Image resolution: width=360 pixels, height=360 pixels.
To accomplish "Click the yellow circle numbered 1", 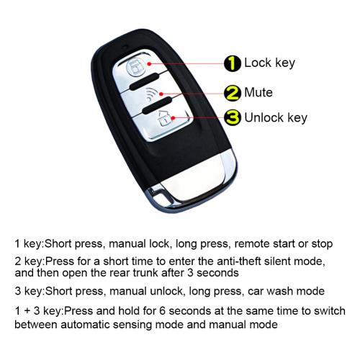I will point(232,63).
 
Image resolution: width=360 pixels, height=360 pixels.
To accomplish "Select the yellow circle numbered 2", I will point(232,92).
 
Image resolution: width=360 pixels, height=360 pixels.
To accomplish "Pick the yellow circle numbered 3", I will point(232,117).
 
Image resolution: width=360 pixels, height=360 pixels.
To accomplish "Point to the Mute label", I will point(259,91).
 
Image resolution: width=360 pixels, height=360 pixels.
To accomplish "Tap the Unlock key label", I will point(276,117).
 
